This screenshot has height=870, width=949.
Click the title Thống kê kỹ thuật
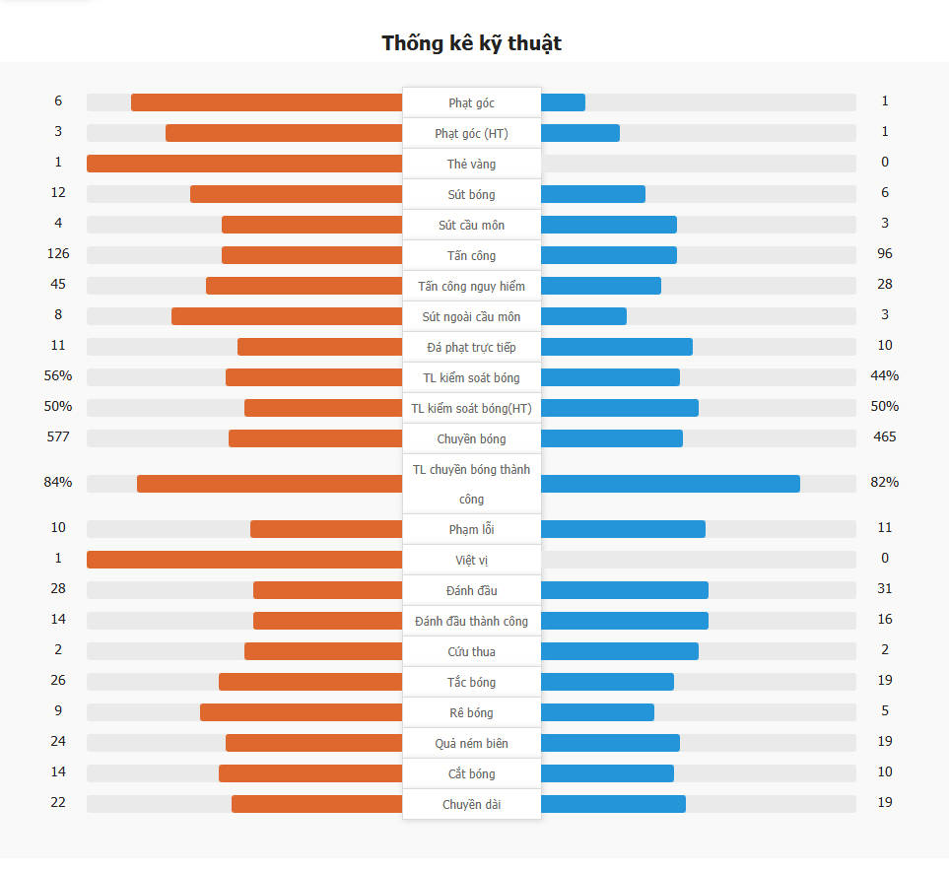click(x=471, y=43)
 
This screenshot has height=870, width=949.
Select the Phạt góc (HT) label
click(x=471, y=133)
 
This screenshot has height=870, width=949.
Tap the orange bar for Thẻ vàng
click(x=244, y=164)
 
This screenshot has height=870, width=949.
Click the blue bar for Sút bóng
click(x=593, y=194)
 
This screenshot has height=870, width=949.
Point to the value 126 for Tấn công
click(x=58, y=254)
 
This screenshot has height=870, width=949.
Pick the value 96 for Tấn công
click(x=884, y=254)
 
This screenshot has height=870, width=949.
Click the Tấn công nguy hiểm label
click(x=471, y=286)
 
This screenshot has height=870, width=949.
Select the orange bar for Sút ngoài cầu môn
click(x=287, y=316)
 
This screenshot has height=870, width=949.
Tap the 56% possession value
click(x=58, y=375)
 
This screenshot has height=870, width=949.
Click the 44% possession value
click(x=884, y=375)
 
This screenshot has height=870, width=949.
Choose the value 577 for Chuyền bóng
click(x=58, y=436)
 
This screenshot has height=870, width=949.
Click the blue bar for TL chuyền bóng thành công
click(x=670, y=484)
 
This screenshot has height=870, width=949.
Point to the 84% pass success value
click(x=58, y=483)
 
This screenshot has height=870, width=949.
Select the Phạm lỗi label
click(x=471, y=529)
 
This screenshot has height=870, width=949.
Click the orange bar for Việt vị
click(x=244, y=560)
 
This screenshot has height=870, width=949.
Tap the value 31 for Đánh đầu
click(x=884, y=589)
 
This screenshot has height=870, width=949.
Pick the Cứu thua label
click(x=471, y=651)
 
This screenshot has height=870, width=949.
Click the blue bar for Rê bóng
click(x=597, y=712)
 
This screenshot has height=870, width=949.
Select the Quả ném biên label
click(x=471, y=743)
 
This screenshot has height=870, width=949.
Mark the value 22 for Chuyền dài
click(x=58, y=803)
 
